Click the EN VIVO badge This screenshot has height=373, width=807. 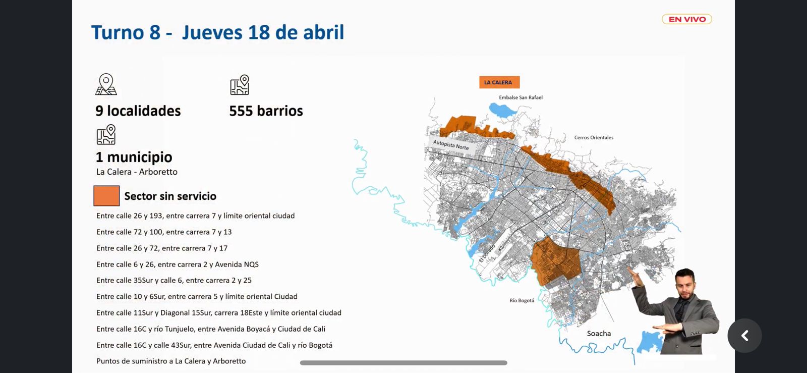click(x=686, y=19)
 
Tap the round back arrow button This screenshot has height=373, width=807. click(x=744, y=336)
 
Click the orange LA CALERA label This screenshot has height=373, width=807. click(x=499, y=82)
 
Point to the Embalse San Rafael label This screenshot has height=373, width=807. click(x=521, y=97)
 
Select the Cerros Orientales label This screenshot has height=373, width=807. click(x=594, y=137)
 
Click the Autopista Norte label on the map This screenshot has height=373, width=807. click(x=451, y=144)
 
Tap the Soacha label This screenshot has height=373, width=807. click(x=599, y=334)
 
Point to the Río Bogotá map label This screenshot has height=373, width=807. click(x=522, y=300)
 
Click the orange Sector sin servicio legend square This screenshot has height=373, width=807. click(x=106, y=196)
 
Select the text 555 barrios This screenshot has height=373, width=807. click(x=266, y=111)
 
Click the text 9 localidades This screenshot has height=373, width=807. click(x=138, y=111)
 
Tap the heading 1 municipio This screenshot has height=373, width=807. click(x=134, y=157)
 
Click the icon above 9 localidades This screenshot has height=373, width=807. click(x=106, y=84)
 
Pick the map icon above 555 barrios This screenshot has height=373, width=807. click(x=240, y=85)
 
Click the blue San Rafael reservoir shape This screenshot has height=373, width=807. click(x=501, y=110)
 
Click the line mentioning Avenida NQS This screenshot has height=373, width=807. click(x=178, y=264)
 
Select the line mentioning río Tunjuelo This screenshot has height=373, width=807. click(x=211, y=329)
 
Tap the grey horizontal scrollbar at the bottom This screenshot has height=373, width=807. click(x=403, y=363)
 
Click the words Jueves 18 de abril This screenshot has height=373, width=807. click(x=263, y=32)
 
